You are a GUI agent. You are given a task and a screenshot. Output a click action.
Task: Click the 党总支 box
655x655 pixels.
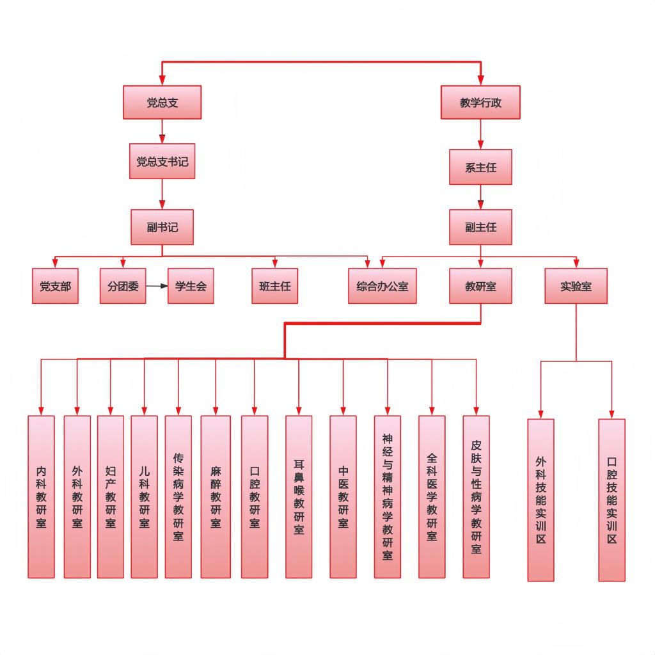tap(162, 102)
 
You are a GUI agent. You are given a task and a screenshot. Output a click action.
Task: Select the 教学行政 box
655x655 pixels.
tap(480, 102)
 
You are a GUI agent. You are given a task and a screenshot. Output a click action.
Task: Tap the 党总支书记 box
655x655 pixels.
tap(162, 161)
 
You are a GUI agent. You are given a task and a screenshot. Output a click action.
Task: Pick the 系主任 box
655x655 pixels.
tap(480, 167)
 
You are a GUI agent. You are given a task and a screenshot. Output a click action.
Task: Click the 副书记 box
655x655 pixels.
tap(162, 226)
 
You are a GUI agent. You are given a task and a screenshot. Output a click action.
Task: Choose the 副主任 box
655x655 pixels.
tap(480, 226)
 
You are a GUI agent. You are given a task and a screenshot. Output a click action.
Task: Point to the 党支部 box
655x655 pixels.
tap(55, 286)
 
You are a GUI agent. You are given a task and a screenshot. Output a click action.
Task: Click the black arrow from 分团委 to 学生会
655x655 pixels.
tap(157, 286)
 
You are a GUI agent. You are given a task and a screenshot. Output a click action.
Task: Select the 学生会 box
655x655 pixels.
tap(191, 286)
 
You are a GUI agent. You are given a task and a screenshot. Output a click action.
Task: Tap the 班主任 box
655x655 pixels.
tap(274, 286)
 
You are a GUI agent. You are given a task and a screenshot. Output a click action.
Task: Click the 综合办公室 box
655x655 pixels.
tap(382, 286)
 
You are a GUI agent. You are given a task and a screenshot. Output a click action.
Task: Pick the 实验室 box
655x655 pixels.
tap(576, 286)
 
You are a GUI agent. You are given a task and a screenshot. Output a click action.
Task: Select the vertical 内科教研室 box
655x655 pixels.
tap(41, 496)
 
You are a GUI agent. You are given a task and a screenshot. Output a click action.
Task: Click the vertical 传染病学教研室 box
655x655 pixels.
tap(178, 496)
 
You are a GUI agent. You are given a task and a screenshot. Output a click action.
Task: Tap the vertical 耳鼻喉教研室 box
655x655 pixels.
tap(299, 496)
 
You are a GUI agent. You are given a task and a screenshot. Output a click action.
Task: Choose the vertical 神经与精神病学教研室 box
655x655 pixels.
tap(387, 496)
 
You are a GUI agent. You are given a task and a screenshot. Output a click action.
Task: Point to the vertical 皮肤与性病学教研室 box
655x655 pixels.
tap(476, 496)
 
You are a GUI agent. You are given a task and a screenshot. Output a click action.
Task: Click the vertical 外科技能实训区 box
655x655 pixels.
tap(541, 500)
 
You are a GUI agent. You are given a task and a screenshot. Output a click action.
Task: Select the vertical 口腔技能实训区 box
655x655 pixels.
tap(612, 500)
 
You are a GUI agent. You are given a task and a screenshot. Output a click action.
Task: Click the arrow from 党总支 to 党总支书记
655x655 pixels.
tap(162, 132)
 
